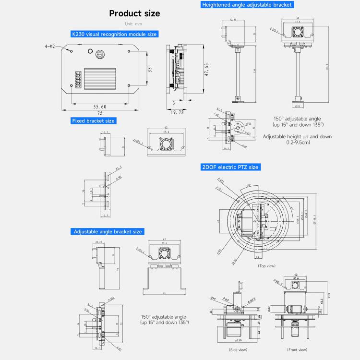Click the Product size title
134,13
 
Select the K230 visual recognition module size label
114,34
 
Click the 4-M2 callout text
49,47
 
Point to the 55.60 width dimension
100,107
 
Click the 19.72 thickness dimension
178,112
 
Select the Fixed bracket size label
93,121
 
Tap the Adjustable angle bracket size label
108,231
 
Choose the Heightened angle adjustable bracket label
247,4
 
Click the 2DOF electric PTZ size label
230,167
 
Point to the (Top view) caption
267,265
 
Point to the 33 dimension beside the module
150,70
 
